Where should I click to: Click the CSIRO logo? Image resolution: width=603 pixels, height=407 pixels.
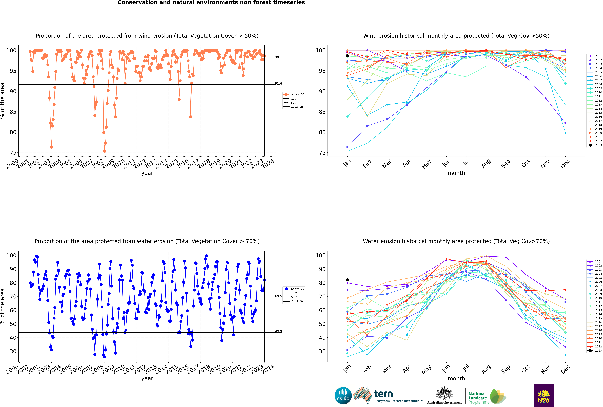pos(343,396)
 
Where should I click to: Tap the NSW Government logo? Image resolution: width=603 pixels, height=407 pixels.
pos(544,396)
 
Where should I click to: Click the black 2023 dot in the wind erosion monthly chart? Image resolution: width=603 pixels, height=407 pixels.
pos(347,56)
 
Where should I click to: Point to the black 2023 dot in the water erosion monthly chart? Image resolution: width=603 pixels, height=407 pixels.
pos(347,280)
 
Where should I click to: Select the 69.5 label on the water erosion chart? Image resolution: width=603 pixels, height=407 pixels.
pos(278,296)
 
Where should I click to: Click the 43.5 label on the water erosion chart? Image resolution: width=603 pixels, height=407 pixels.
pos(278,331)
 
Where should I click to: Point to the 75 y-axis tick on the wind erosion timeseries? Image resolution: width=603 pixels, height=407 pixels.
pos(13,153)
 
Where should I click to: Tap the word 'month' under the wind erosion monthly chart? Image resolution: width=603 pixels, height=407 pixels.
pos(456,173)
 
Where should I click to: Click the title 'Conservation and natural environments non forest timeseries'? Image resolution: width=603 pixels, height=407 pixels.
pos(211,3)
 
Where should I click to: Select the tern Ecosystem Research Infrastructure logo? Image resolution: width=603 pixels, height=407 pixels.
pos(388,396)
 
